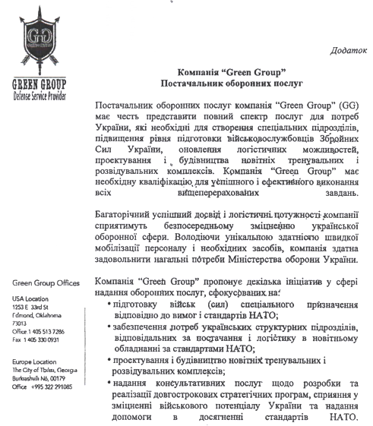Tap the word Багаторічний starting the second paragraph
(x=131, y=214)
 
